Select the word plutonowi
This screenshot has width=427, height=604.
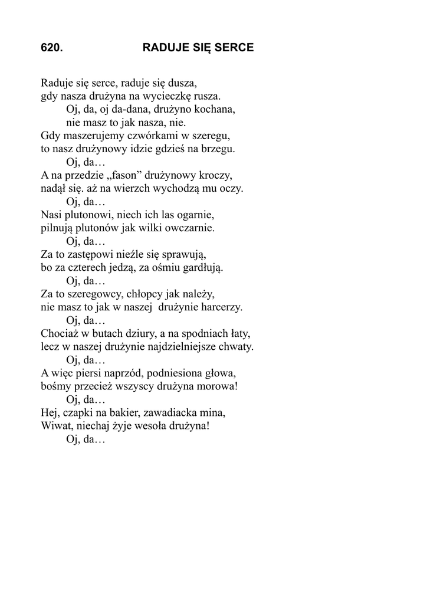pos(88,215)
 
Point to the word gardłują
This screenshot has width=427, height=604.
pos(205,268)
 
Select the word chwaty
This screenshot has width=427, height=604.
pos(235,347)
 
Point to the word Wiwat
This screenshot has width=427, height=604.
pos(55,427)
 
